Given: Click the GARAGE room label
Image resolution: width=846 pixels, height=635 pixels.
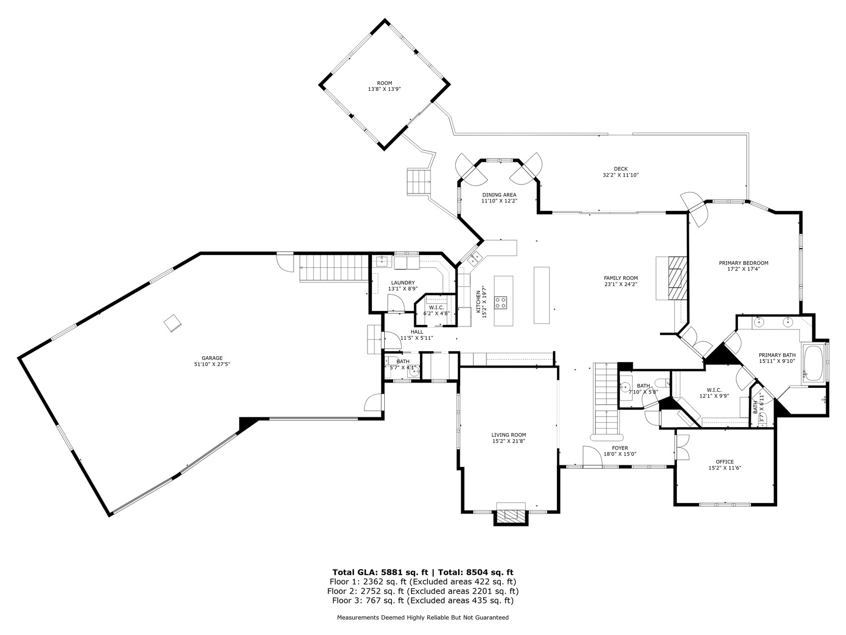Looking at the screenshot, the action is point(212,358).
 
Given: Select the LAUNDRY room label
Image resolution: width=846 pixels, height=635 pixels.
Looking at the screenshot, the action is point(403,283).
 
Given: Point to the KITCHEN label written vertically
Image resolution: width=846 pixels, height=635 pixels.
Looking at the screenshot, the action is point(479,302).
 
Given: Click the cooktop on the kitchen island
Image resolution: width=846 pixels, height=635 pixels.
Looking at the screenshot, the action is point(500,302).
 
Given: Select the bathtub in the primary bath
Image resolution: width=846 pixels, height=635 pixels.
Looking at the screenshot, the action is point(813,363).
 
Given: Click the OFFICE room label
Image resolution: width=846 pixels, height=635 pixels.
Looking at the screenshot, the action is point(725,462).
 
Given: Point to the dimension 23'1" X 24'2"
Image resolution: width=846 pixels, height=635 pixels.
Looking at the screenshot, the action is point(620,284).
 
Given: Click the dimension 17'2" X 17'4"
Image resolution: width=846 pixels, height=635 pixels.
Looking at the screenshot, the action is point(743,269).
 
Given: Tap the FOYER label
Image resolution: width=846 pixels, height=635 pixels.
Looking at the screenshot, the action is point(620,448).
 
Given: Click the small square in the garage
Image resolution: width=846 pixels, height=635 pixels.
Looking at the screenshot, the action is point(173,323).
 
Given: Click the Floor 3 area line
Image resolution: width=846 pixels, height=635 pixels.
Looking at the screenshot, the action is point(423,601).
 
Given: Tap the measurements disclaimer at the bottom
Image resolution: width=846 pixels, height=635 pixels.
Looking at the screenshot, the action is point(423,618).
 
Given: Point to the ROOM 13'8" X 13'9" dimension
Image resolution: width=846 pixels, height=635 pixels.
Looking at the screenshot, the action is point(384,89).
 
